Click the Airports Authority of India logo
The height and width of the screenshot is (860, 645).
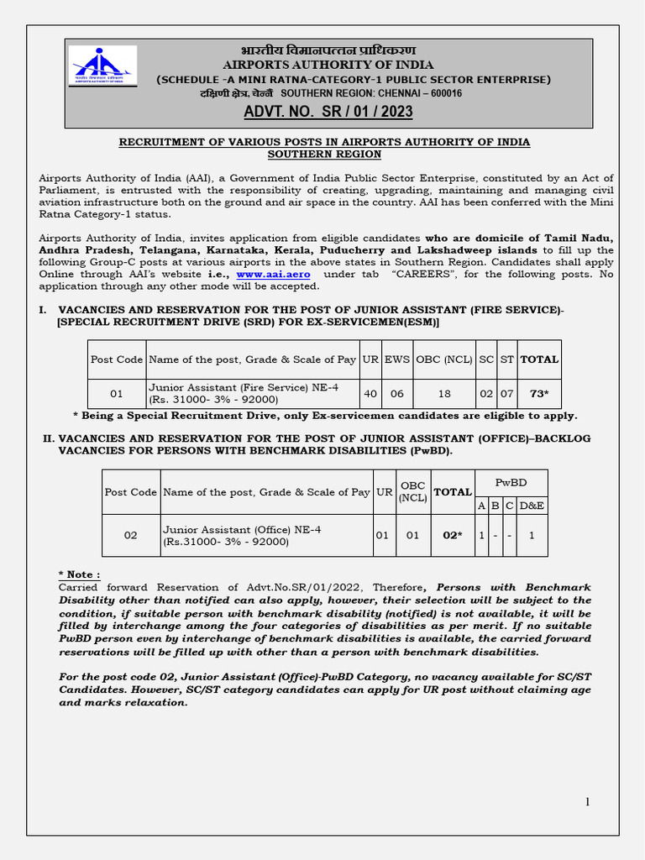[102, 66]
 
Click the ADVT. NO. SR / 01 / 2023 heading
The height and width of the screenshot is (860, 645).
[328, 113]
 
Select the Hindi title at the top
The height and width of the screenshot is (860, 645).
[328, 50]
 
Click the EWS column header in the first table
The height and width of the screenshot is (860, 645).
[397, 359]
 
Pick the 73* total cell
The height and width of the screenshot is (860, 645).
[538, 393]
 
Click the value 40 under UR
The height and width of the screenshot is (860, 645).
[370, 393]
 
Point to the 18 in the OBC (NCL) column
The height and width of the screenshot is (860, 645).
[443, 393]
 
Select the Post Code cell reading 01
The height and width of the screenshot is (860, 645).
[117, 393]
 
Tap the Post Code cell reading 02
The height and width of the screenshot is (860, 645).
[130, 535]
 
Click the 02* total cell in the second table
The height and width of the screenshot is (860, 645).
[452, 535]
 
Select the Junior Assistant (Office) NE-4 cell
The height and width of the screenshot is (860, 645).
[265, 536]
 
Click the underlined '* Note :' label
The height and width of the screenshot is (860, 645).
[79, 574]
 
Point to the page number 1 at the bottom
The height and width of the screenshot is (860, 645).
[588, 802]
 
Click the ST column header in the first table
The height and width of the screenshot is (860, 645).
[506, 359]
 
